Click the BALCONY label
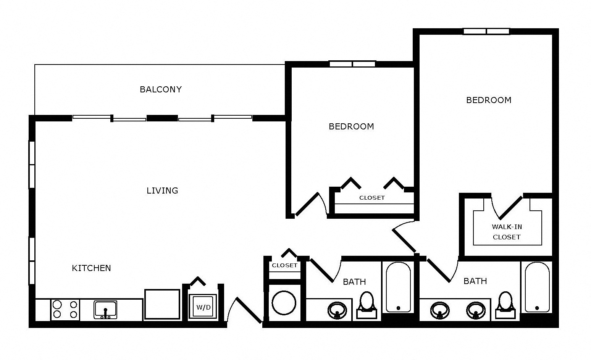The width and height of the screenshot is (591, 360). pos(161,89)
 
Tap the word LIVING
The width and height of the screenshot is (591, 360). pos(162,190)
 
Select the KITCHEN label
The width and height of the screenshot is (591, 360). pos(91,268)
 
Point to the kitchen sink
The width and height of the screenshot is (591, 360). pos(105,310)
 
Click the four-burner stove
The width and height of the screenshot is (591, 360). pos(65,309)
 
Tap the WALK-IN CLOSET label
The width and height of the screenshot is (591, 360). pos(507,232)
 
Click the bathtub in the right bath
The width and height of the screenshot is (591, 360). pos(537,287)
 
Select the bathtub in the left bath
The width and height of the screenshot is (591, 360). pos(399,287)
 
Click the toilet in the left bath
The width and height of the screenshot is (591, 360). pos(367,305)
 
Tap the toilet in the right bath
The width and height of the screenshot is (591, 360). pos(505,305)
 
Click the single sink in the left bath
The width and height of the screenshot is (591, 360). pos(337,310)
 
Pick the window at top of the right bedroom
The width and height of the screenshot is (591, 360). pos(486,31)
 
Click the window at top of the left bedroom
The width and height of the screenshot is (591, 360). pos(352,64)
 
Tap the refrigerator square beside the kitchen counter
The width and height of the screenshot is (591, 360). pos(162,304)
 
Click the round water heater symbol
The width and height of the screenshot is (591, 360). pos(284,303)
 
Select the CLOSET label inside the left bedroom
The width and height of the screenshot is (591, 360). pos(372,197)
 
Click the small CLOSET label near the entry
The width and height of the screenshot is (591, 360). pos(285,265)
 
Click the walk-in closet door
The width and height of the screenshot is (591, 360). pos(511,208)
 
